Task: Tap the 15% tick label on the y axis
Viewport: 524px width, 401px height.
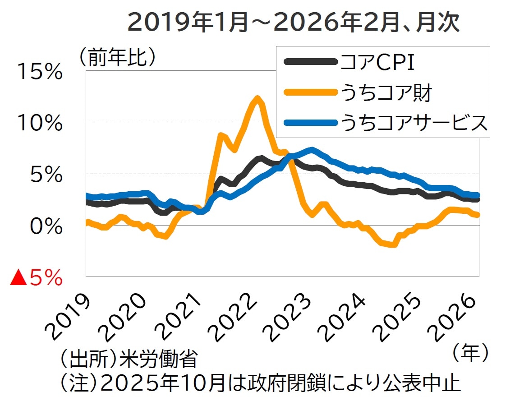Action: pos(40,72)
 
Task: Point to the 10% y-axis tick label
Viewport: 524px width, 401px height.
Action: pos(40,123)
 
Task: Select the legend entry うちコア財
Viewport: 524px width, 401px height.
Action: pos(386,93)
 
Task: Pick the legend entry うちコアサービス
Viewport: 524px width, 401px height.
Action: pos(414,122)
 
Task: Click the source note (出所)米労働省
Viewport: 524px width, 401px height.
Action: pos(128,361)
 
